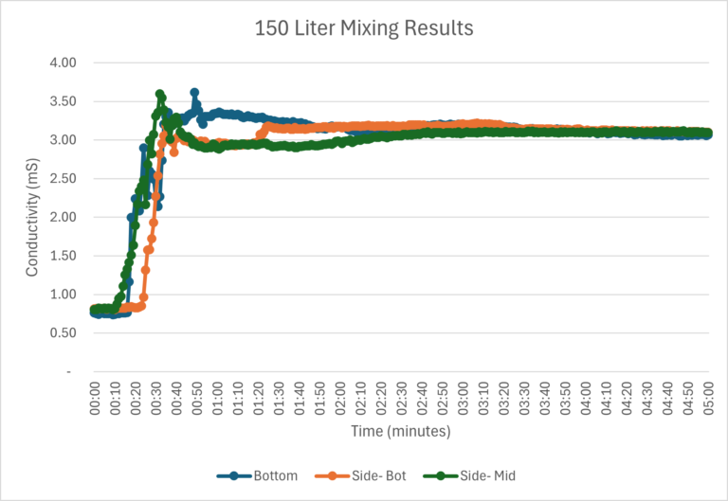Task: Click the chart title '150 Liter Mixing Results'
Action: click(x=364, y=28)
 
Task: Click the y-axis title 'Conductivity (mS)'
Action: click(x=32, y=217)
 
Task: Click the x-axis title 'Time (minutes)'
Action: click(x=401, y=431)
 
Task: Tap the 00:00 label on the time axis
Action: click(x=96, y=397)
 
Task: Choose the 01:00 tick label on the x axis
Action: click(x=218, y=397)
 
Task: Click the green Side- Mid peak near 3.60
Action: click(x=159, y=94)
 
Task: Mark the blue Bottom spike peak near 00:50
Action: click(x=194, y=93)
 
